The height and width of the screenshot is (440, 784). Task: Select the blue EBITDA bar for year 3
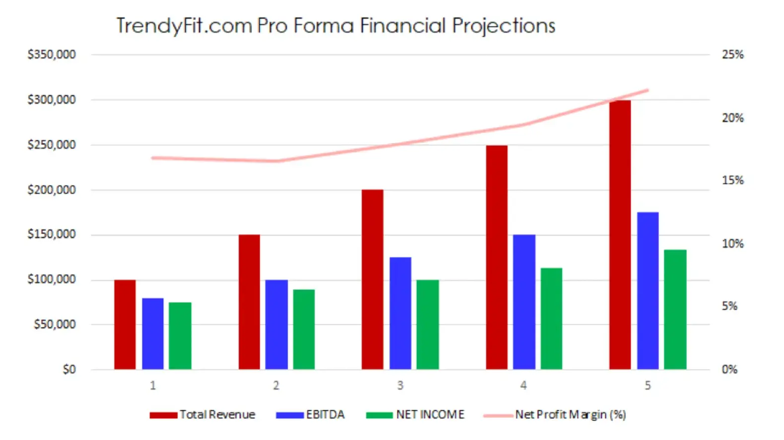(400, 313)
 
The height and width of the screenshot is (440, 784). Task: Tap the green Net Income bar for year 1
(180, 336)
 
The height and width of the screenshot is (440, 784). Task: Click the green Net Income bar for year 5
(675, 310)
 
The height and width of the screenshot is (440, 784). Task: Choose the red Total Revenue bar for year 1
(125, 324)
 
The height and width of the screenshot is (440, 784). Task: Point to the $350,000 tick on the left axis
(52, 55)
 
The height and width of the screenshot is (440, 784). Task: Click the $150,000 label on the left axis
(52, 234)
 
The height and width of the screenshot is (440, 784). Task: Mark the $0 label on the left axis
(69, 370)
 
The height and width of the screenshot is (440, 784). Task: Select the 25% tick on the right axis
(732, 55)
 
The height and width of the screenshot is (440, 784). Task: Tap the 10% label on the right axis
(732, 244)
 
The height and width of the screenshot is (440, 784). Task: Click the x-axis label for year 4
(523, 385)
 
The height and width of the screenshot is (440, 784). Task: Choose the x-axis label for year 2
(276, 385)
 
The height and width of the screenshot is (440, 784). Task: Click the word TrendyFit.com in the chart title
(184, 26)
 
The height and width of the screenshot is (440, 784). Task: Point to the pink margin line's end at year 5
(648, 90)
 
